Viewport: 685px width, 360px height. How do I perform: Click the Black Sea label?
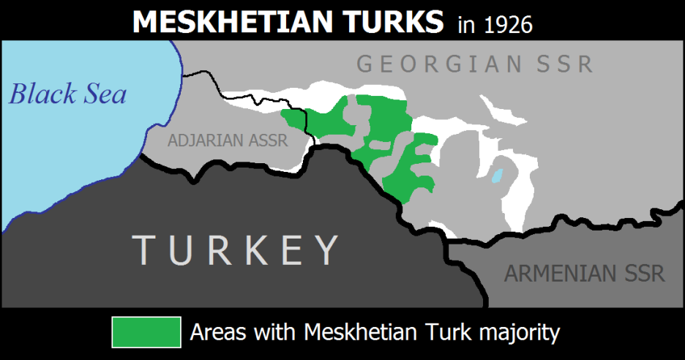(x=67, y=94)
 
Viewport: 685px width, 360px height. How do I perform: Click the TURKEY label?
(x=235, y=250)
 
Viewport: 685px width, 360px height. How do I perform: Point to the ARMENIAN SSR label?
(x=584, y=274)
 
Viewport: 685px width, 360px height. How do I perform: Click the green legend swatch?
(x=146, y=332)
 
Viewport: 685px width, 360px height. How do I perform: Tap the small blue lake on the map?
(x=498, y=176)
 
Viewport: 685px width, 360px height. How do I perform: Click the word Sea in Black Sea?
(x=105, y=94)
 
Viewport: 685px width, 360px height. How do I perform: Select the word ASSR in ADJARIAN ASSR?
(x=267, y=140)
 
